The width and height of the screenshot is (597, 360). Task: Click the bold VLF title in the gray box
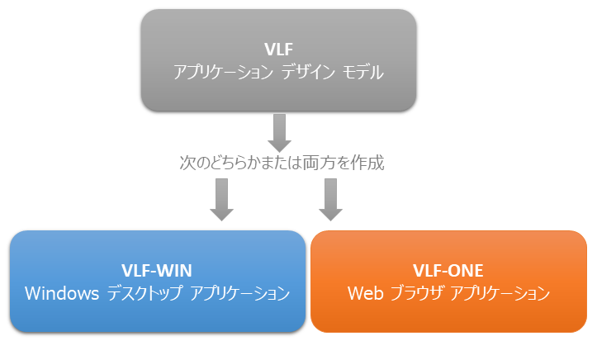point(278,49)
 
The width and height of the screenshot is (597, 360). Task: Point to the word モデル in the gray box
point(364,73)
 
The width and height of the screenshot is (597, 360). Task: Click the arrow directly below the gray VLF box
point(279,132)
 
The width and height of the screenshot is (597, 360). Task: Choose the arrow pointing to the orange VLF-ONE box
point(331,199)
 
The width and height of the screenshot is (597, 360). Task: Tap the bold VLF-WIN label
point(158,271)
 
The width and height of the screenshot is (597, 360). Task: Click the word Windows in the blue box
point(63,293)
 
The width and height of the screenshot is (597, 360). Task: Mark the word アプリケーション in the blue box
point(239,293)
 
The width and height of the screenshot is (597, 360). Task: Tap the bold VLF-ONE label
point(448,271)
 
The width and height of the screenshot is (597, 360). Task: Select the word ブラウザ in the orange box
point(415,293)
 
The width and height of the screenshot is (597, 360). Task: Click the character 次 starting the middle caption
point(187,163)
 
